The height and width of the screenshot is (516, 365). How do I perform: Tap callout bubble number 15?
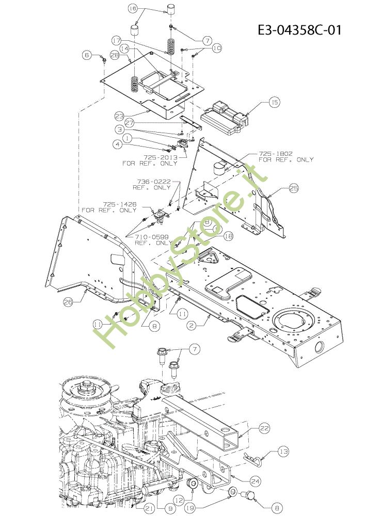274,103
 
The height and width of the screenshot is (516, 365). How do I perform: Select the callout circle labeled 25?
294,188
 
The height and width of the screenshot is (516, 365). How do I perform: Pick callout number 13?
283,452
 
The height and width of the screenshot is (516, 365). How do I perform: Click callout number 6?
87,54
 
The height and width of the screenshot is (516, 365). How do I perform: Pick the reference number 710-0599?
154,237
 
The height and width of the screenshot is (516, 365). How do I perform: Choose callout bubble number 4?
119,145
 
